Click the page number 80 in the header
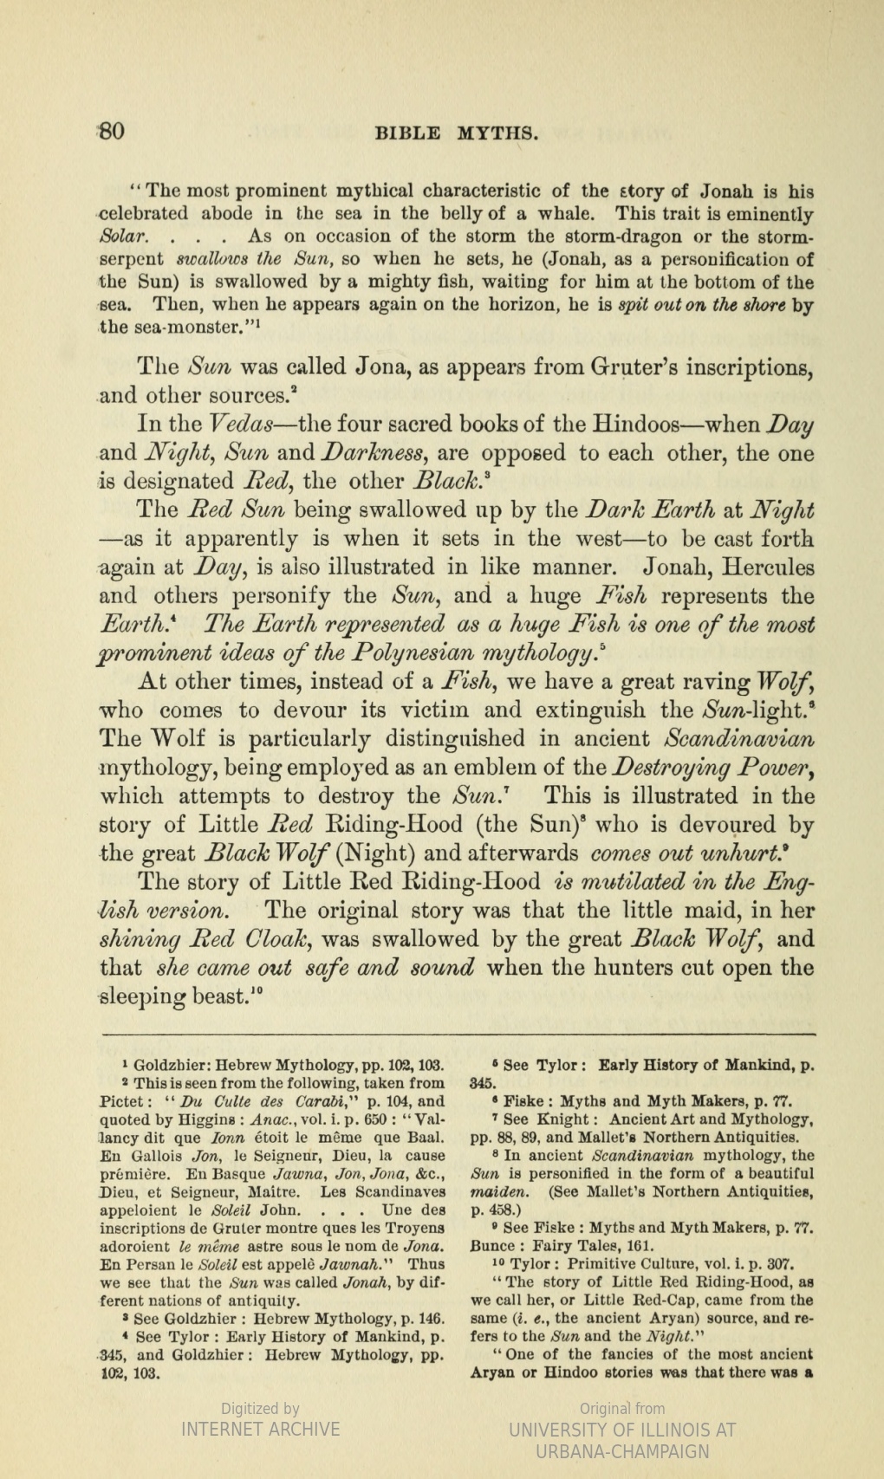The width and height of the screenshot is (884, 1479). (x=112, y=133)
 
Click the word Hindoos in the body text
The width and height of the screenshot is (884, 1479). (x=639, y=425)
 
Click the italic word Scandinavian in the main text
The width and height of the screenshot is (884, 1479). (x=738, y=739)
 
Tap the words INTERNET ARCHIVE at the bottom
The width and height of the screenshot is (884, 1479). (x=260, y=1429)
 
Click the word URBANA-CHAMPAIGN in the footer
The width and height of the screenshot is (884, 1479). (x=622, y=1451)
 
